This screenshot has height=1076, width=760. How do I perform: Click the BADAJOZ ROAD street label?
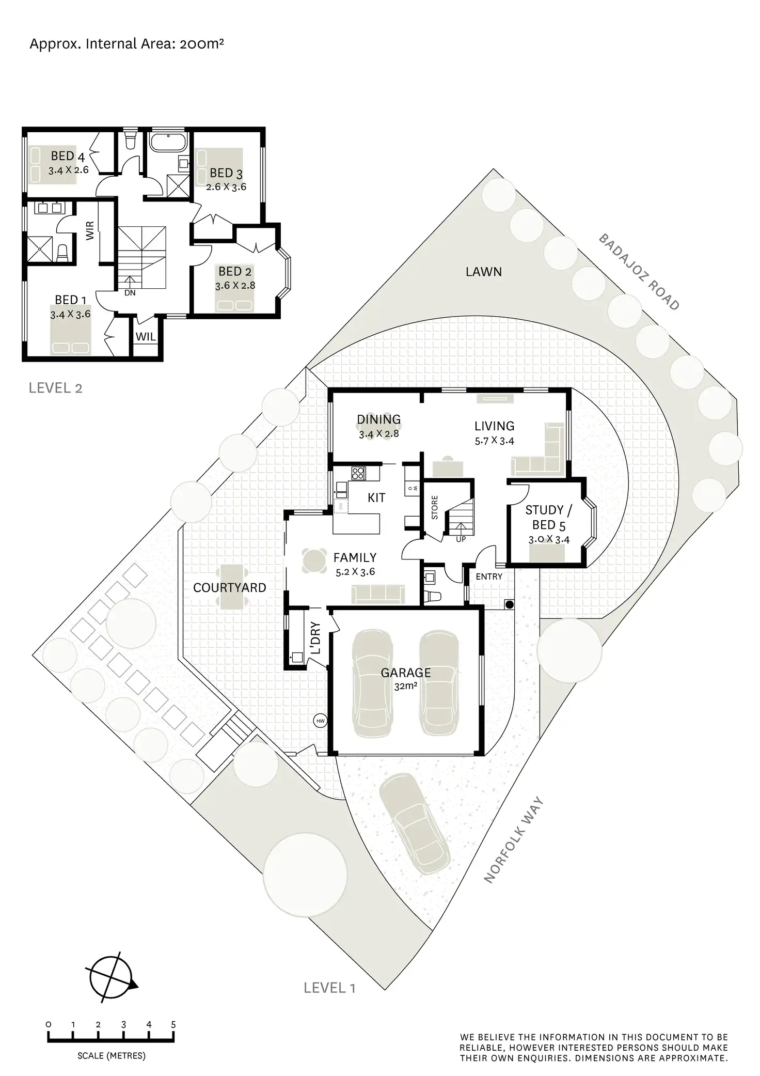tap(639, 272)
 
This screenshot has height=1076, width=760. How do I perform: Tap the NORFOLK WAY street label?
tap(514, 840)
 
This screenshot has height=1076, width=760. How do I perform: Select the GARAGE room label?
tap(405, 673)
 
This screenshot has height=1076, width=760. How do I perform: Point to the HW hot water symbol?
tap(320, 721)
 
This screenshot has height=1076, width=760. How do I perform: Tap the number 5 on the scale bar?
tap(173, 1024)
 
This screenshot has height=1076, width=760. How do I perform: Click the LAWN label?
tap(483, 272)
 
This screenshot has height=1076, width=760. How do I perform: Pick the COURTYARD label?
tap(229, 588)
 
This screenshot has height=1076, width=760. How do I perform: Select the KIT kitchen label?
tap(376, 498)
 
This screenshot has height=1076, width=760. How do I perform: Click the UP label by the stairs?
tap(461, 539)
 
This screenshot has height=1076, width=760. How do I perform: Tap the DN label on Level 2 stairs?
tap(130, 293)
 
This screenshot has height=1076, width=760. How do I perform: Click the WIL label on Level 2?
tap(146, 337)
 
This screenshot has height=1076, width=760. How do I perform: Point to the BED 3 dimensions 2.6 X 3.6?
tap(226, 187)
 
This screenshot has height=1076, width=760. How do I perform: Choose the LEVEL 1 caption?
tap(329, 988)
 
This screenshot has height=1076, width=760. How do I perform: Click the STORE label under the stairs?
tap(435, 507)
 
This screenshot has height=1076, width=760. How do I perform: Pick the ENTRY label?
tap(488, 576)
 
